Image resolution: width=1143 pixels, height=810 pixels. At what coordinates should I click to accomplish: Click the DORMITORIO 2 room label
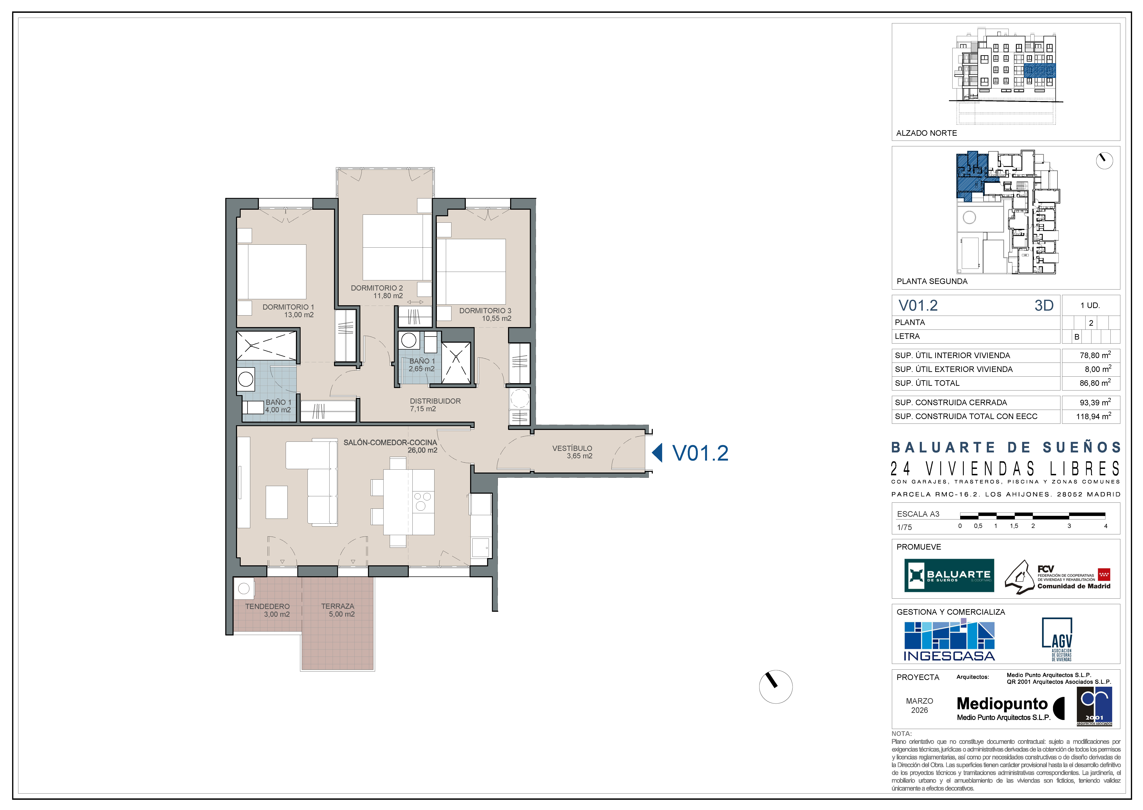[x=376, y=288]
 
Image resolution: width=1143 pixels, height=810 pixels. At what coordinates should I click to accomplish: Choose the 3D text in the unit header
[x=1044, y=305]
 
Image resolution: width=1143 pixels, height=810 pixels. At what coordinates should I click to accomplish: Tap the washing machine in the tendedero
[x=244, y=589]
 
